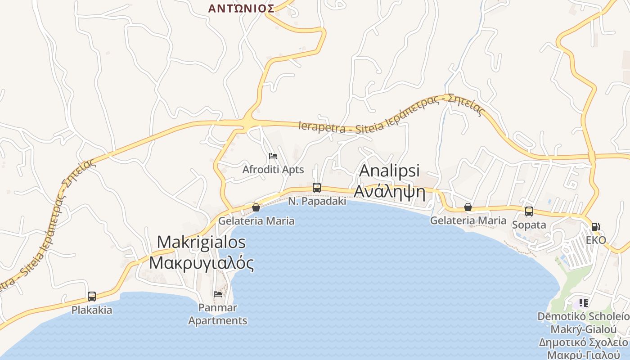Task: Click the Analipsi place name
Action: pos(390,171)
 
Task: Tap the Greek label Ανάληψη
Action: pos(390,191)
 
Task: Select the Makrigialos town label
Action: pos(201,242)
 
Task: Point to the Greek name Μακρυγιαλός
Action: pos(201,263)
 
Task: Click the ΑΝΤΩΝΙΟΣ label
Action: pos(241,8)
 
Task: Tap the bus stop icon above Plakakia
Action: pos(92,296)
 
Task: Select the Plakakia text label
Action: pos(92,310)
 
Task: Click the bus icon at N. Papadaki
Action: pos(317,188)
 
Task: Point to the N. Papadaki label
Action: pos(317,201)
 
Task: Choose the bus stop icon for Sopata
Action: pos(529,211)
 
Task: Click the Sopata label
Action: pos(529,225)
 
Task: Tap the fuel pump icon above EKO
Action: pos(595,226)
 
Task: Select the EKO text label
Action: pos(596,240)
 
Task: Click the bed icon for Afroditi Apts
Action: pos(273,156)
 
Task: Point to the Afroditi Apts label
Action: pos(273,170)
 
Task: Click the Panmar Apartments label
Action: pos(218,314)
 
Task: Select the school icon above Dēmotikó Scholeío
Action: pos(584,302)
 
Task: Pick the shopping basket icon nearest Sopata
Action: pos(468,207)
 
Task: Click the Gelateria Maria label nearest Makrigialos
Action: pos(256,221)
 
